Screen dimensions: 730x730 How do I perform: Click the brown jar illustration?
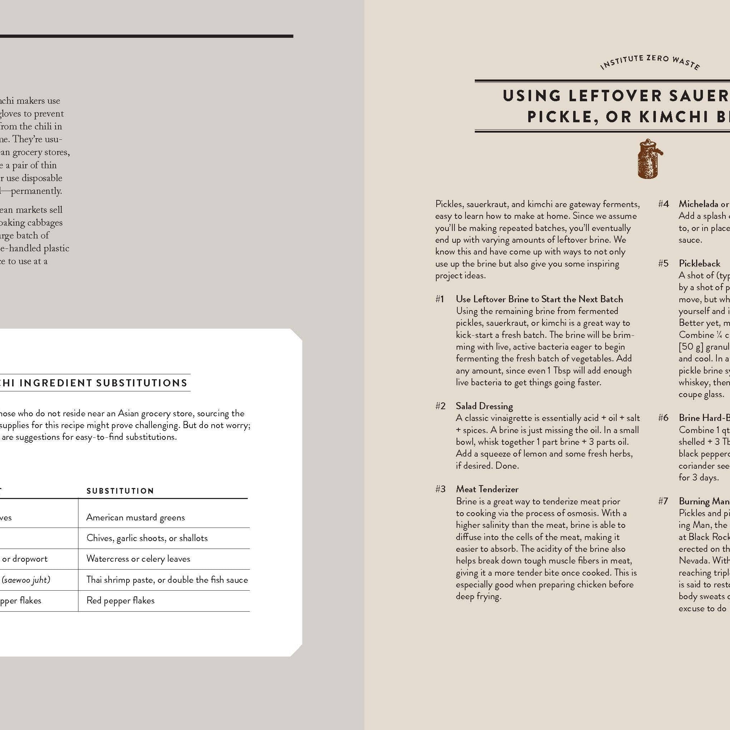(650, 159)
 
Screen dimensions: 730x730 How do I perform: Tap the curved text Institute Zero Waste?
(650, 62)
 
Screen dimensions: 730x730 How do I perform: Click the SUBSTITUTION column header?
(120, 491)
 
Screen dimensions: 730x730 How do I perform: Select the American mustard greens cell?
(135, 517)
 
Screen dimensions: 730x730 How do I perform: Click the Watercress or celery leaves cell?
(138, 559)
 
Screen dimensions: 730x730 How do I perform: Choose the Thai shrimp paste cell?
(166, 580)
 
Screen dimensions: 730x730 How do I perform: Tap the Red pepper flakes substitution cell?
(120, 600)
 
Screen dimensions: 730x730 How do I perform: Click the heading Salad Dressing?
(484, 406)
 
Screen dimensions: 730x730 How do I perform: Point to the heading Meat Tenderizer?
(487, 489)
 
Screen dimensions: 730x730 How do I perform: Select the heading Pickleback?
(699, 263)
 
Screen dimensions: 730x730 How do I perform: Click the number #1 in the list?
(439, 299)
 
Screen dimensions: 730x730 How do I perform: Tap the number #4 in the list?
(663, 204)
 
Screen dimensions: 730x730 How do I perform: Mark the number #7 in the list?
(663, 501)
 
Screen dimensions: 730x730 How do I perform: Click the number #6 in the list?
(663, 417)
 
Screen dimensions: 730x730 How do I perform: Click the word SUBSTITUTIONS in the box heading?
(142, 383)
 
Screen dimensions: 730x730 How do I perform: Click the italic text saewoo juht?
(26, 580)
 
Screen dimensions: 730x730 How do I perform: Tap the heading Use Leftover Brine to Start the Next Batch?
(539, 299)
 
